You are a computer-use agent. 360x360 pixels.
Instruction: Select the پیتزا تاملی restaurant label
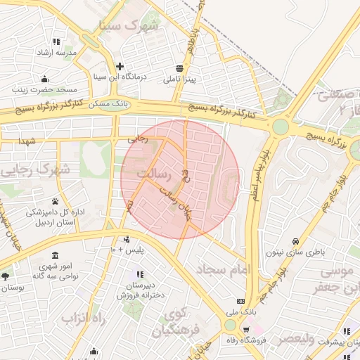pos(180,80)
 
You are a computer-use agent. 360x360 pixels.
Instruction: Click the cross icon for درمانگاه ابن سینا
pos(120,65)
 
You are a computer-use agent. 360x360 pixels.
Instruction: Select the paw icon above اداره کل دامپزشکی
pos(55,201)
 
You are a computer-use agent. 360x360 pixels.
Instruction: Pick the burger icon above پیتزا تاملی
pos(180,68)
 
